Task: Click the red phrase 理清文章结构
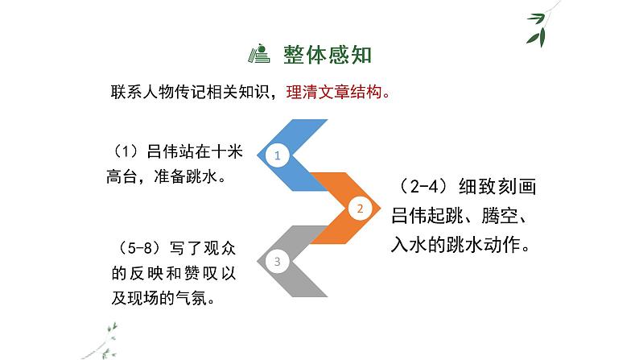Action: coord(333,91)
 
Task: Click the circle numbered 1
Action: coord(277,155)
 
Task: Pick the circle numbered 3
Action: coord(277,260)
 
